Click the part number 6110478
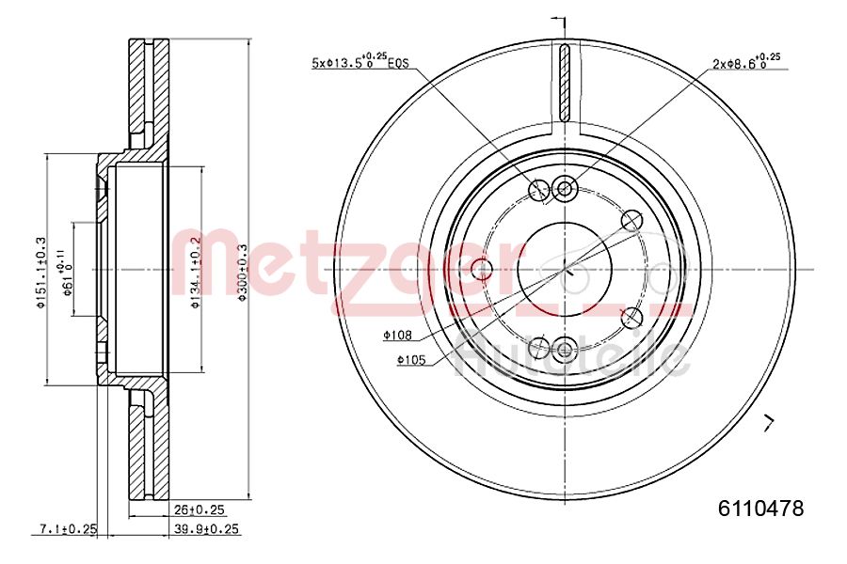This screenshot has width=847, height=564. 760,509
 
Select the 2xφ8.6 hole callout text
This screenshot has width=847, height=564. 746,63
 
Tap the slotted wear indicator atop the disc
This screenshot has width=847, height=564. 565,83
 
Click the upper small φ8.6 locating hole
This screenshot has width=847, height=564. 565,188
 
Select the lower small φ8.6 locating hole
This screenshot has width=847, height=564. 565,350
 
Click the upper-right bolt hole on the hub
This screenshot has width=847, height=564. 632,221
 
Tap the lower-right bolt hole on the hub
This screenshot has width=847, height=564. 632,317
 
